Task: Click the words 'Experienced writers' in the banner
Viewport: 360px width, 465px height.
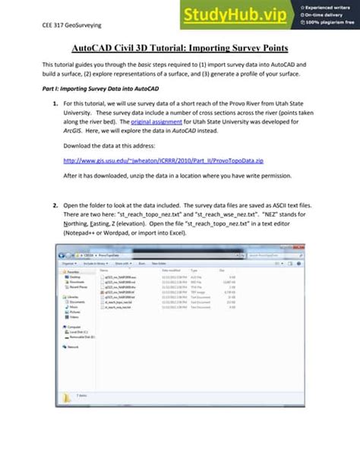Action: click(328, 5)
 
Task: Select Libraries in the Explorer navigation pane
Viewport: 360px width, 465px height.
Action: click(74, 297)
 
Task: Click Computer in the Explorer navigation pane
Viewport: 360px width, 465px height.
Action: click(74, 327)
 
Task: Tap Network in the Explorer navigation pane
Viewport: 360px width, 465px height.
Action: click(74, 346)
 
